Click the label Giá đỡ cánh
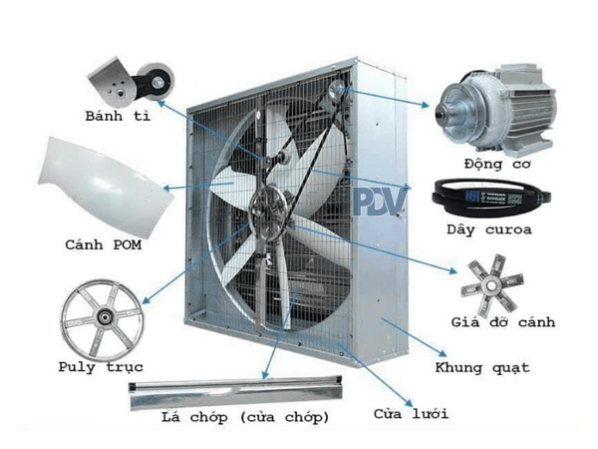502,322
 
